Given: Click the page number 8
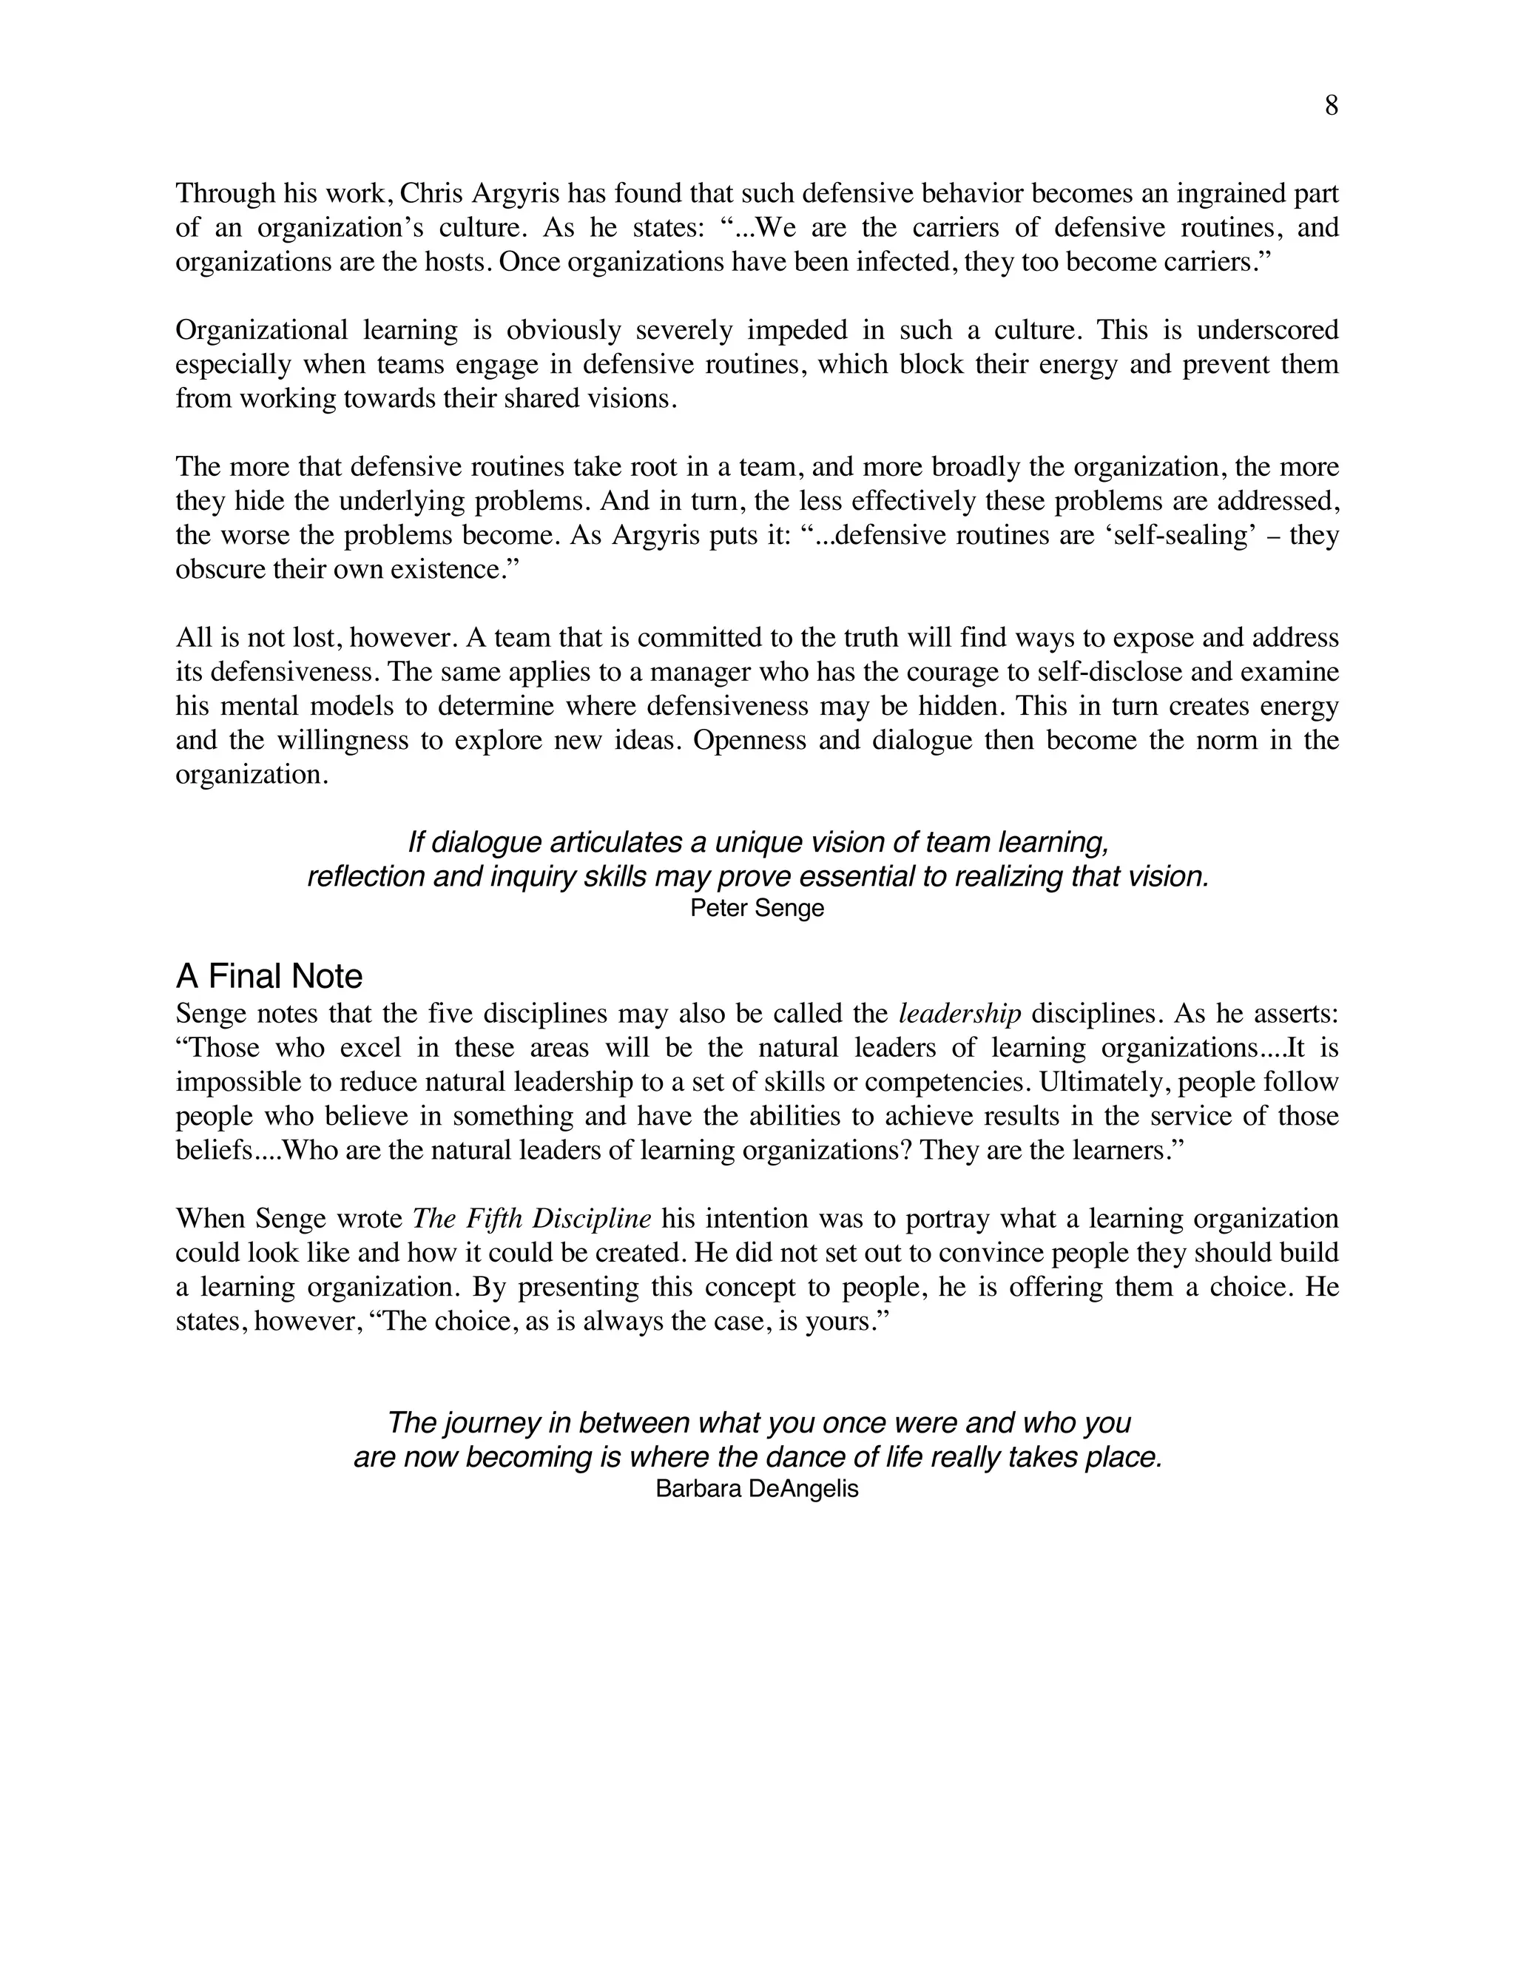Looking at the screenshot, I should coord(1331,106).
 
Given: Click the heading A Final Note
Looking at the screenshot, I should coord(269,976).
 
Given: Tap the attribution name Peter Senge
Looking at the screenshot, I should coord(757,908).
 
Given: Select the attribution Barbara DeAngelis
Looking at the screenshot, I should coord(757,1489).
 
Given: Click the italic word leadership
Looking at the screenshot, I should coord(959,1014).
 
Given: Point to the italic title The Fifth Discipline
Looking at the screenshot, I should coord(531,1219).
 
